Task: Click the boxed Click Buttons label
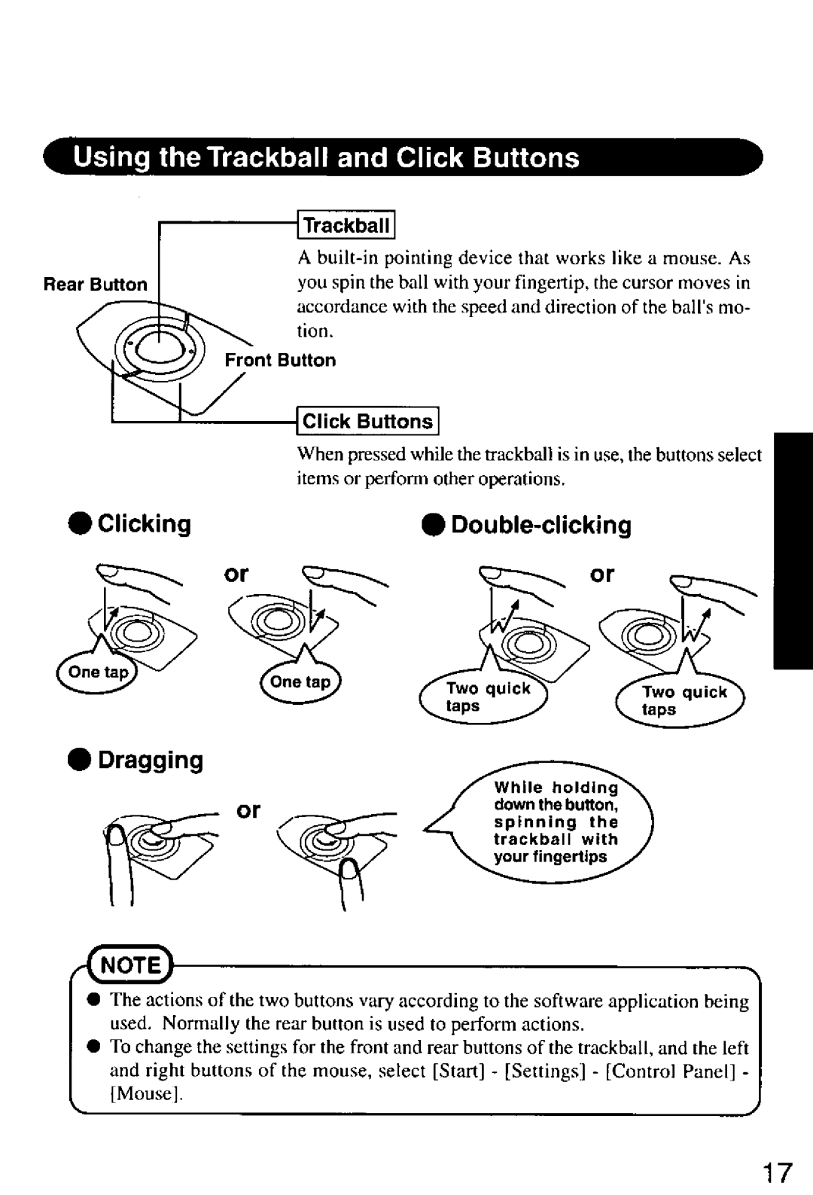click(x=367, y=422)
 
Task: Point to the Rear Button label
click(x=95, y=285)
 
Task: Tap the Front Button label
click(x=280, y=360)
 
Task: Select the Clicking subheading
click(x=143, y=523)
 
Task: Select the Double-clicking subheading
click(x=540, y=525)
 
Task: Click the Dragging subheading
click(x=150, y=760)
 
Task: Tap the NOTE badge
click(x=133, y=965)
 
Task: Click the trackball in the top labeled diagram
click(x=160, y=349)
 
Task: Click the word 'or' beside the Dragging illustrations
click(x=248, y=811)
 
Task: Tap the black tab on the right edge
click(x=791, y=550)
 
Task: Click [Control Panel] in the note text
click(x=672, y=1070)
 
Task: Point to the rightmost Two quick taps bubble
click(x=682, y=701)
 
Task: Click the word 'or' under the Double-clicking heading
click(x=602, y=575)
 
